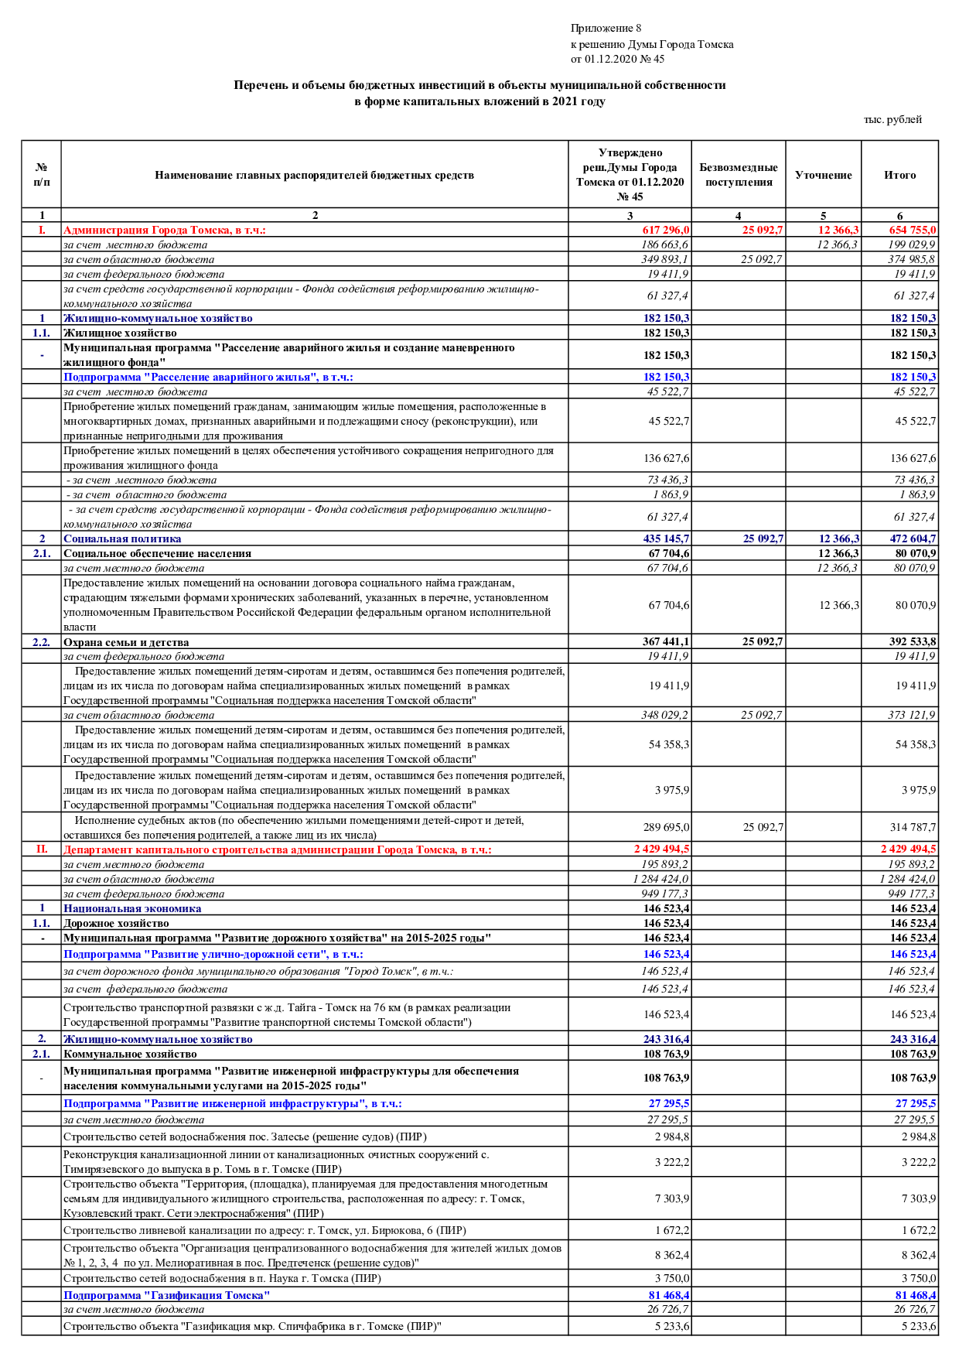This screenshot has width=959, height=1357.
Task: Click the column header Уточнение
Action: [x=823, y=175]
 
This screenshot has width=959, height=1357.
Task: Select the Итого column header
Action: [x=899, y=175]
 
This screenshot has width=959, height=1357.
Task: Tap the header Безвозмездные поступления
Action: [x=738, y=175]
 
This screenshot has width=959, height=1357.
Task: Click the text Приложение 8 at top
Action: [x=606, y=29]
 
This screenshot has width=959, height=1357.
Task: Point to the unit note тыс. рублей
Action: [x=892, y=119]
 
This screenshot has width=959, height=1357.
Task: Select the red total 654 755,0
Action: [x=912, y=230]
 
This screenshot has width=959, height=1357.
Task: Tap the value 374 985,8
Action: [x=911, y=259]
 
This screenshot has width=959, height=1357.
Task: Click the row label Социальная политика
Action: [x=122, y=538]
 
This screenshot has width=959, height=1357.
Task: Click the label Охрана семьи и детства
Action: [x=126, y=642]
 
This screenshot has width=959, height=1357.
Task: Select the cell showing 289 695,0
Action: [x=666, y=827]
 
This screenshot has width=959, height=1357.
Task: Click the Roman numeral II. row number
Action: [x=42, y=849]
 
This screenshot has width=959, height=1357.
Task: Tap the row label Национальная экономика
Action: [x=132, y=908]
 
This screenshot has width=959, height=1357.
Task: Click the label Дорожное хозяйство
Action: [x=116, y=923]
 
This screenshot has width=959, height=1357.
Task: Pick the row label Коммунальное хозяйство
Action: [x=130, y=1054]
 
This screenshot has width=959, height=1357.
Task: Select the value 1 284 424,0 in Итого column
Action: [x=907, y=879]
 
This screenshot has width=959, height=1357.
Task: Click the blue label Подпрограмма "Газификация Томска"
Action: [x=166, y=1295]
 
